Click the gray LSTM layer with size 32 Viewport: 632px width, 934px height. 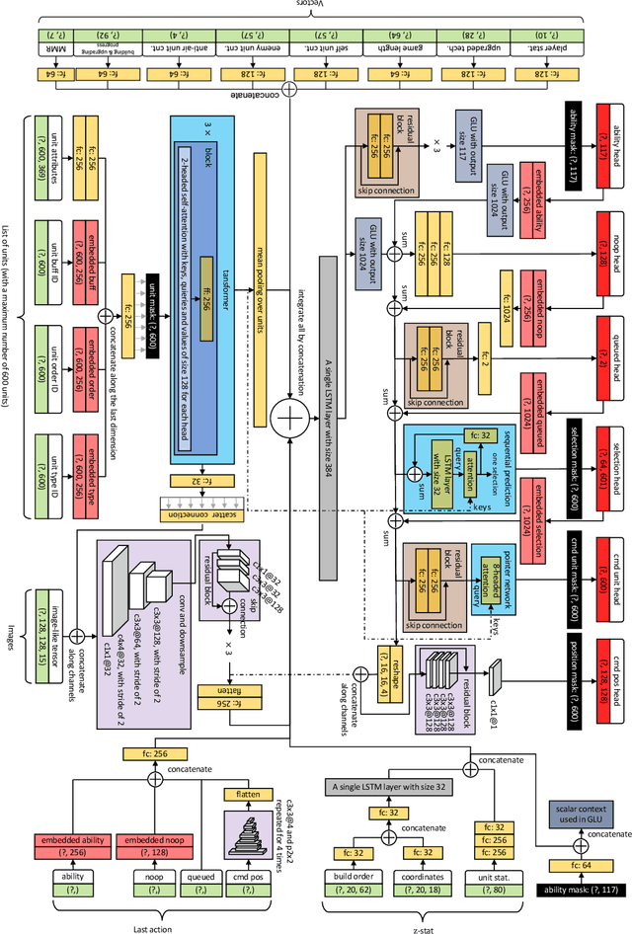(x=387, y=787)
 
